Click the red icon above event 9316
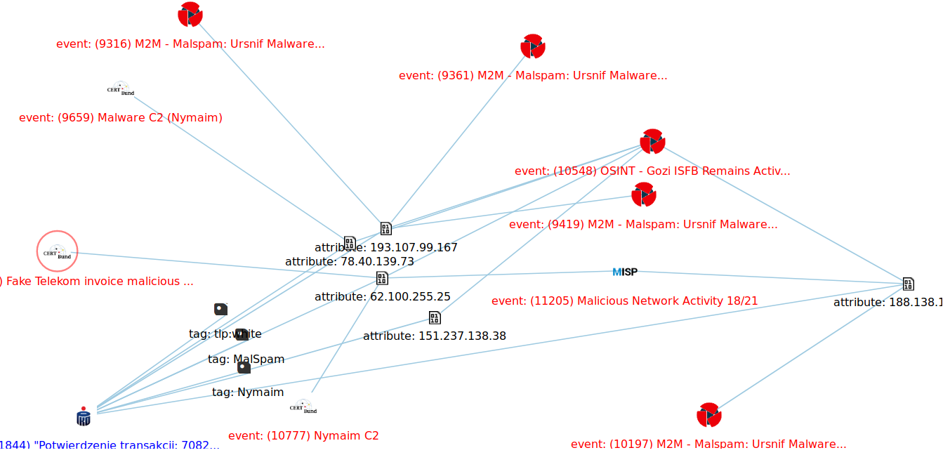click(x=190, y=14)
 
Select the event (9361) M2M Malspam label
click(x=532, y=75)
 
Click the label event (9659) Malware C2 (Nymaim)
click(x=121, y=117)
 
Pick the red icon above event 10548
click(x=652, y=142)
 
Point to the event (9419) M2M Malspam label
click(x=642, y=225)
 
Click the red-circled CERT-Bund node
click(x=57, y=251)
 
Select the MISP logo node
click(x=625, y=272)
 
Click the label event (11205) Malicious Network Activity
click(x=624, y=301)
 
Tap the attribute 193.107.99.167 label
click(x=385, y=247)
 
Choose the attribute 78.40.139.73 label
click(x=349, y=261)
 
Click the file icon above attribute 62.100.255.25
click(x=382, y=278)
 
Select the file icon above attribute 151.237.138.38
click(x=435, y=318)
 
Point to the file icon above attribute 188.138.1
click(x=908, y=284)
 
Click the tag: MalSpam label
click(x=246, y=359)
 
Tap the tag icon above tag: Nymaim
click(x=244, y=367)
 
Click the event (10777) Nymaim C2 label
click(x=303, y=435)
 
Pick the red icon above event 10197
click(x=708, y=415)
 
